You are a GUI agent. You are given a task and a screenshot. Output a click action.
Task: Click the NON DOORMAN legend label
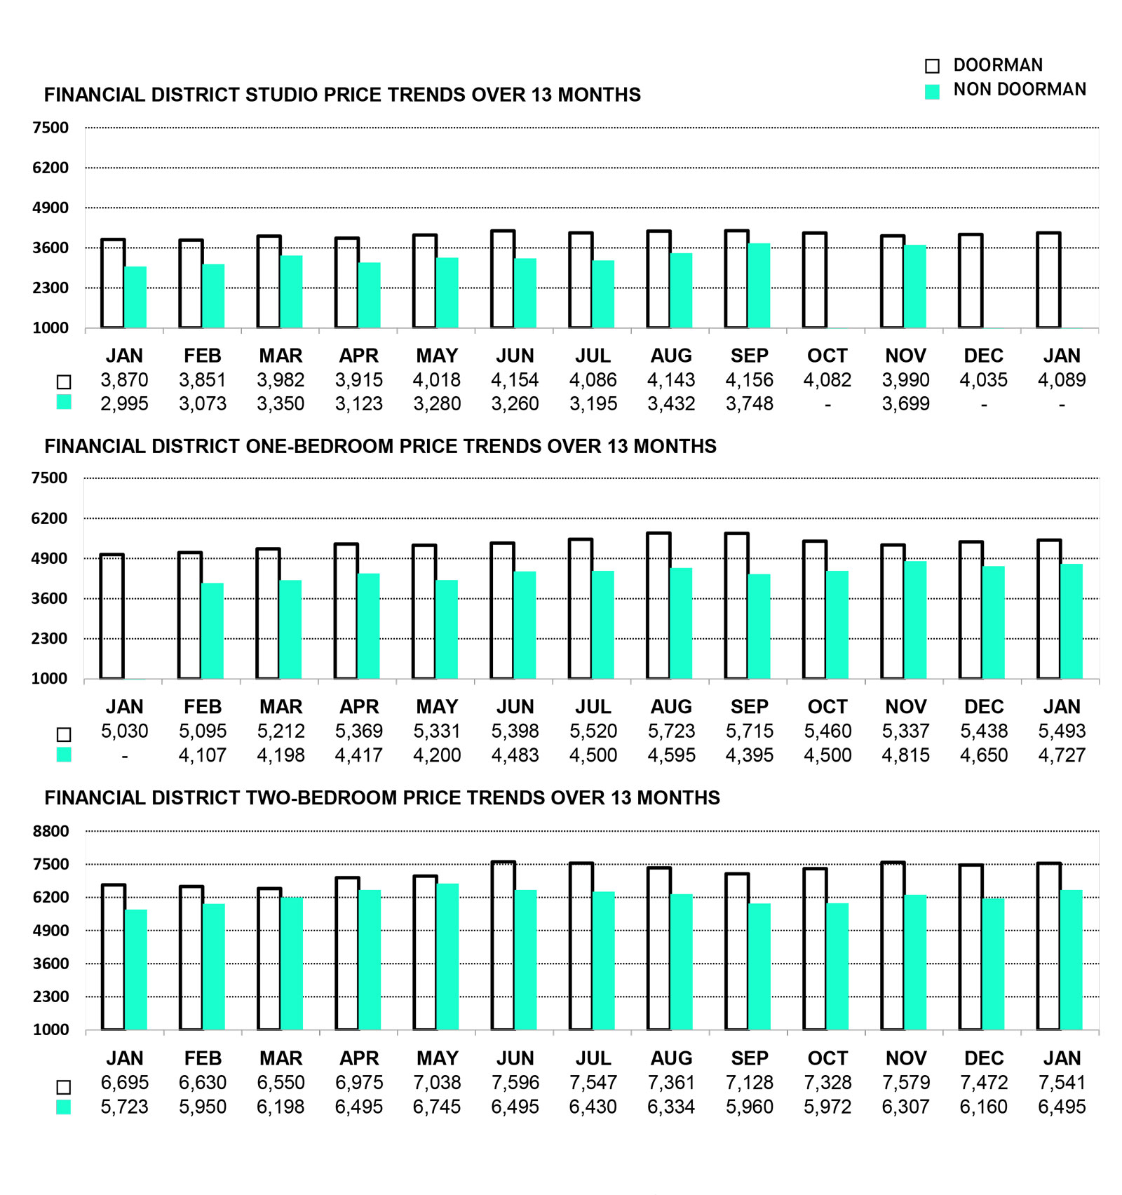tap(1019, 90)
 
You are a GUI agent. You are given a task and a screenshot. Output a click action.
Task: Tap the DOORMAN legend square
tap(932, 66)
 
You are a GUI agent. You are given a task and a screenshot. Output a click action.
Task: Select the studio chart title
tap(342, 95)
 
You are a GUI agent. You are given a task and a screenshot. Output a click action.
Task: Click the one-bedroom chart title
tap(380, 446)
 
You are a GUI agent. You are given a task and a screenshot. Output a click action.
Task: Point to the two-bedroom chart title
tap(382, 797)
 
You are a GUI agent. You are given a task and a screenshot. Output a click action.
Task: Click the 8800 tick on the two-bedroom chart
tap(50, 831)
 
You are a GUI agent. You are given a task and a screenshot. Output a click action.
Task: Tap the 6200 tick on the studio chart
tap(50, 168)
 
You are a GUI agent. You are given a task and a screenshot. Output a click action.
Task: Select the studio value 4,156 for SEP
tap(749, 380)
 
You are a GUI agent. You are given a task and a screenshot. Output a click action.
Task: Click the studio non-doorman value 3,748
tap(749, 404)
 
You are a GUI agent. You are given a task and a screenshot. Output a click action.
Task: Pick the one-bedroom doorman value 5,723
tap(671, 731)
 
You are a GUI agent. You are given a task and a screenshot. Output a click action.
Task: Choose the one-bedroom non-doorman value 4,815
tap(905, 755)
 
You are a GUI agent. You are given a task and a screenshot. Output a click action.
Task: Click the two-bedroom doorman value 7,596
tap(515, 1082)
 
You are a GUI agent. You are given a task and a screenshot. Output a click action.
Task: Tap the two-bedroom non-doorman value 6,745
tap(437, 1107)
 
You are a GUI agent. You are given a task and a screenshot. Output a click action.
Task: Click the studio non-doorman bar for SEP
tap(759, 286)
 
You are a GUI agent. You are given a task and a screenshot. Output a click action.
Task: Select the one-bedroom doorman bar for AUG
tap(658, 607)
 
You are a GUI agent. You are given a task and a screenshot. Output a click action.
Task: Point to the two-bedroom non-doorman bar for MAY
tap(447, 957)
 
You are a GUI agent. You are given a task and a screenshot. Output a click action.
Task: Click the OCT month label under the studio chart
tap(827, 356)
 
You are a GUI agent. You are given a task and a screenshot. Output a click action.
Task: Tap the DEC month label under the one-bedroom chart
tap(984, 707)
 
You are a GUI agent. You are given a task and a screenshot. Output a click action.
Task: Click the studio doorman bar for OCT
tap(815, 281)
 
